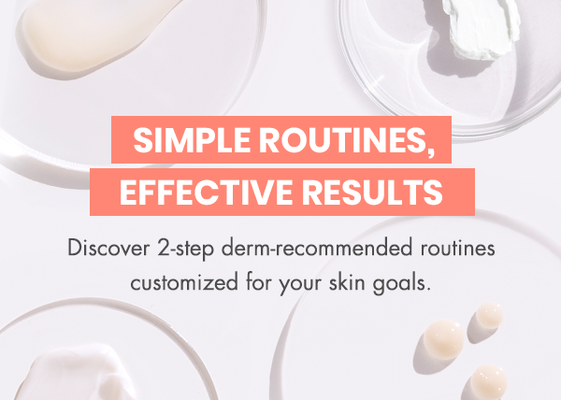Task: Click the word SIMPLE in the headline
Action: pos(192,140)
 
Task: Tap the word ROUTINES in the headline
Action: pos(343,140)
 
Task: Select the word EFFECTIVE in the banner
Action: pos(206,192)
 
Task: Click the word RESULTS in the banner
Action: pos(372,192)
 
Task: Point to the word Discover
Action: pos(108,248)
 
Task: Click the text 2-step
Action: pos(186,249)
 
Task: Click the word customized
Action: pos(184,282)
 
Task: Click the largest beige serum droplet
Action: pos(443,339)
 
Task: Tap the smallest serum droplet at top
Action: pos(489,316)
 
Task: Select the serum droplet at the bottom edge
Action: pos(488,382)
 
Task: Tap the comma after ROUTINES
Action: pos(431,152)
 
